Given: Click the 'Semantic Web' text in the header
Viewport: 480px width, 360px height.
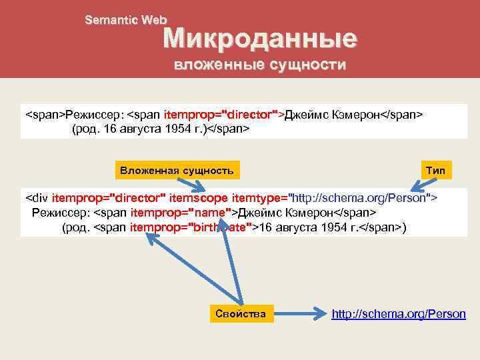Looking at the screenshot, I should tap(126, 21).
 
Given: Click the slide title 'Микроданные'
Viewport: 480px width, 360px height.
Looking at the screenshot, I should tap(260, 39).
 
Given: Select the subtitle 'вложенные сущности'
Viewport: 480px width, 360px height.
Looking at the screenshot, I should tap(260, 65).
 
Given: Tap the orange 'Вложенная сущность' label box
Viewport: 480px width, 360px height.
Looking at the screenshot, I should tap(177, 171).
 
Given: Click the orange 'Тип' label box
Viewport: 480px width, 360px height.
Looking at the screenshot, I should tap(435, 171).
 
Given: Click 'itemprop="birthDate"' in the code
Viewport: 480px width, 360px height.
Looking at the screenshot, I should tap(191, 228).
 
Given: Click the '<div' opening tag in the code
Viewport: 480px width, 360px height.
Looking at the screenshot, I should tap(37, 197).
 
